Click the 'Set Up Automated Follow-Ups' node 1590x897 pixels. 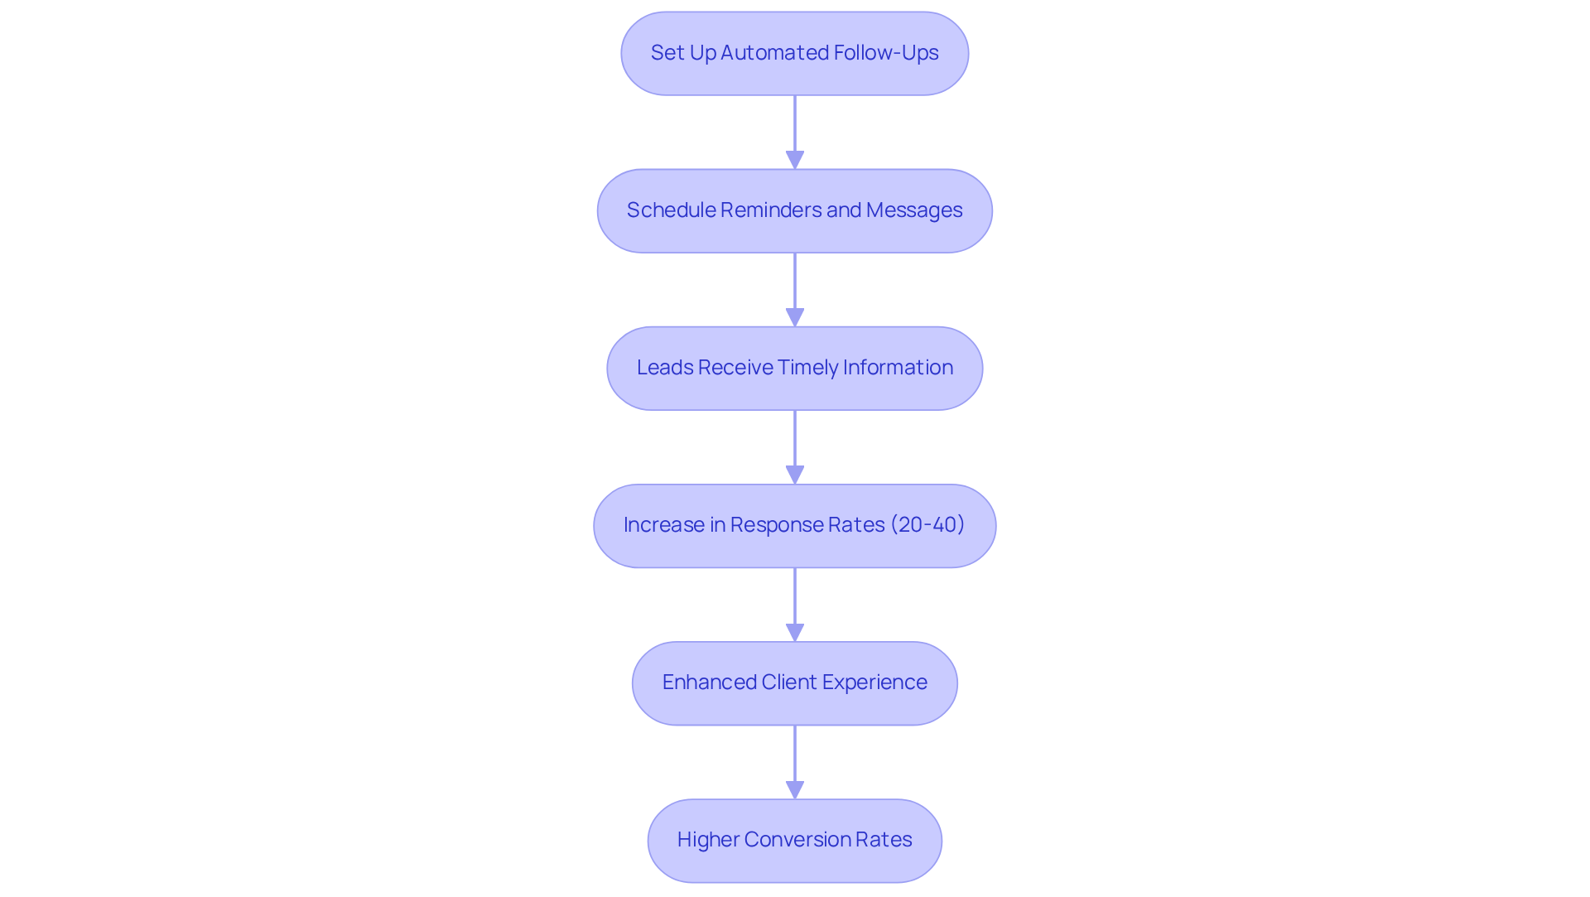pos(794,53)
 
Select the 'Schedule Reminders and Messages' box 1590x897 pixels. pos(794,210)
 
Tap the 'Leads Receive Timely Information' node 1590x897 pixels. pos(794,368)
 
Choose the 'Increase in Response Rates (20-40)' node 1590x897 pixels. pos(794,525)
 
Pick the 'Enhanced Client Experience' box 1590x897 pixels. pos(794,682)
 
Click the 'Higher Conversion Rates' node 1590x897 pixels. pos(794,840)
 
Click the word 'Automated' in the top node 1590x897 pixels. pos(774,53)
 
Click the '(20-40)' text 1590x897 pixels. pos(927,525)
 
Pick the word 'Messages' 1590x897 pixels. pos(914,210)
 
